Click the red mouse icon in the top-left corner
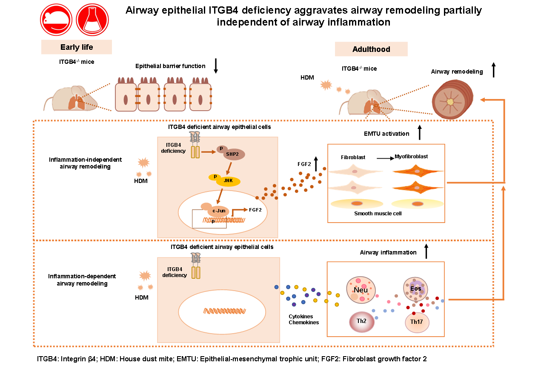(56, 20)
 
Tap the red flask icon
(91, 20)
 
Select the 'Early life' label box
(77, 47)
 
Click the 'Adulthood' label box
(371, 49)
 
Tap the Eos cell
(415, 289)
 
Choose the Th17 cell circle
(417, 322)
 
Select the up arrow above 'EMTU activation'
(420, 133)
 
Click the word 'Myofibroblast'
(411, 157)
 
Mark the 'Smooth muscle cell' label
(378, 214)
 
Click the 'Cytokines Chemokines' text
(303, 319)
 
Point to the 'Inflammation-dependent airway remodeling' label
(82, 280)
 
